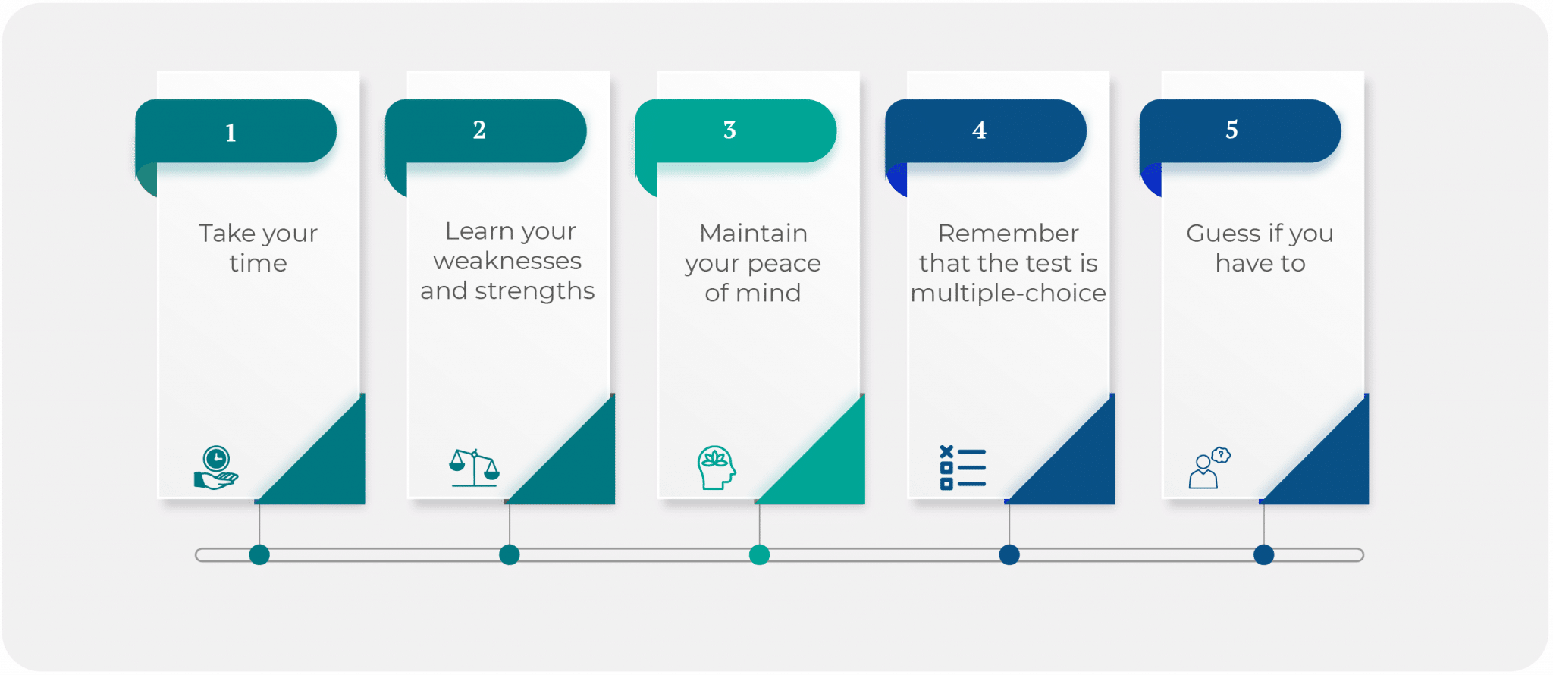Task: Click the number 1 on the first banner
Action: click(231, 133)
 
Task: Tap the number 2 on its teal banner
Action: click(479, 130)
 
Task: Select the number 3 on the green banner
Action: click(729, 130)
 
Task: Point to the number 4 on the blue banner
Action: click(979, 130)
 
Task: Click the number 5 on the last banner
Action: click(1231, 130)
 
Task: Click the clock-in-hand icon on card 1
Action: click(216, 467)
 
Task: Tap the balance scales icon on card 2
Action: click(474, 467)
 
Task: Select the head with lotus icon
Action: click(716, 467)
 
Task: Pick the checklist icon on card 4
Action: click(962, 467)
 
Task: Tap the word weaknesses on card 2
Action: click(507, 261)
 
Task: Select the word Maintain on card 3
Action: click(753, 233)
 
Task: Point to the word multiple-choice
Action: click(1008, 293)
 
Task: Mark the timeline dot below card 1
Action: click(259, 554)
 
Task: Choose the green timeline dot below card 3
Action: click(759, 554)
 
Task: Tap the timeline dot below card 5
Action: click(1263, 554)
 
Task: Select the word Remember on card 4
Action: click(1008, 233)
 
